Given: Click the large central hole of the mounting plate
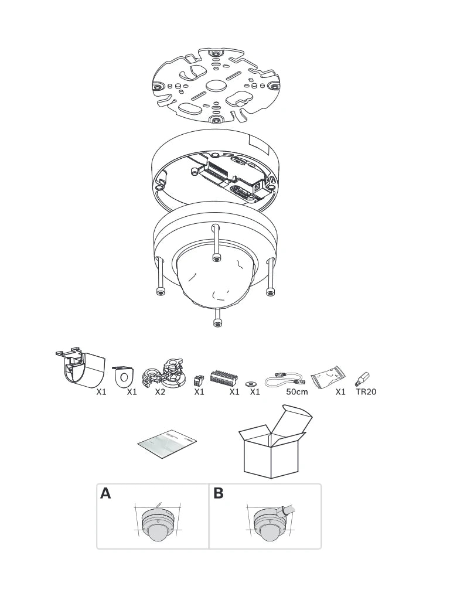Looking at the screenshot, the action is [x=216, y=86].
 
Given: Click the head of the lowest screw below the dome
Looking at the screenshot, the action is [x=217, y=323].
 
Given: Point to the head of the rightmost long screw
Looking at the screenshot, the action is [x=271, y=292].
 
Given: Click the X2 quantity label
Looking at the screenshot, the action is [x=160, y=392].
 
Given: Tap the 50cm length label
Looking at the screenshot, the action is [x=297, y=392].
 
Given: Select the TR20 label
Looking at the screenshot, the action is [x=366, y=392].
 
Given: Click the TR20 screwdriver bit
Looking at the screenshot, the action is [x=363, y=379].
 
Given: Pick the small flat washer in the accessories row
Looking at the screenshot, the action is [x=251, y=383].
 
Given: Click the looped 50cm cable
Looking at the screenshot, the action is [x=285, y=380].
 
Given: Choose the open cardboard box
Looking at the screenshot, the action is [x=274, y=442].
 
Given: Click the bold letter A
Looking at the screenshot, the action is [x=105, y=493].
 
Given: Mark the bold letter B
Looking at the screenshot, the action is [x=218, y=493].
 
